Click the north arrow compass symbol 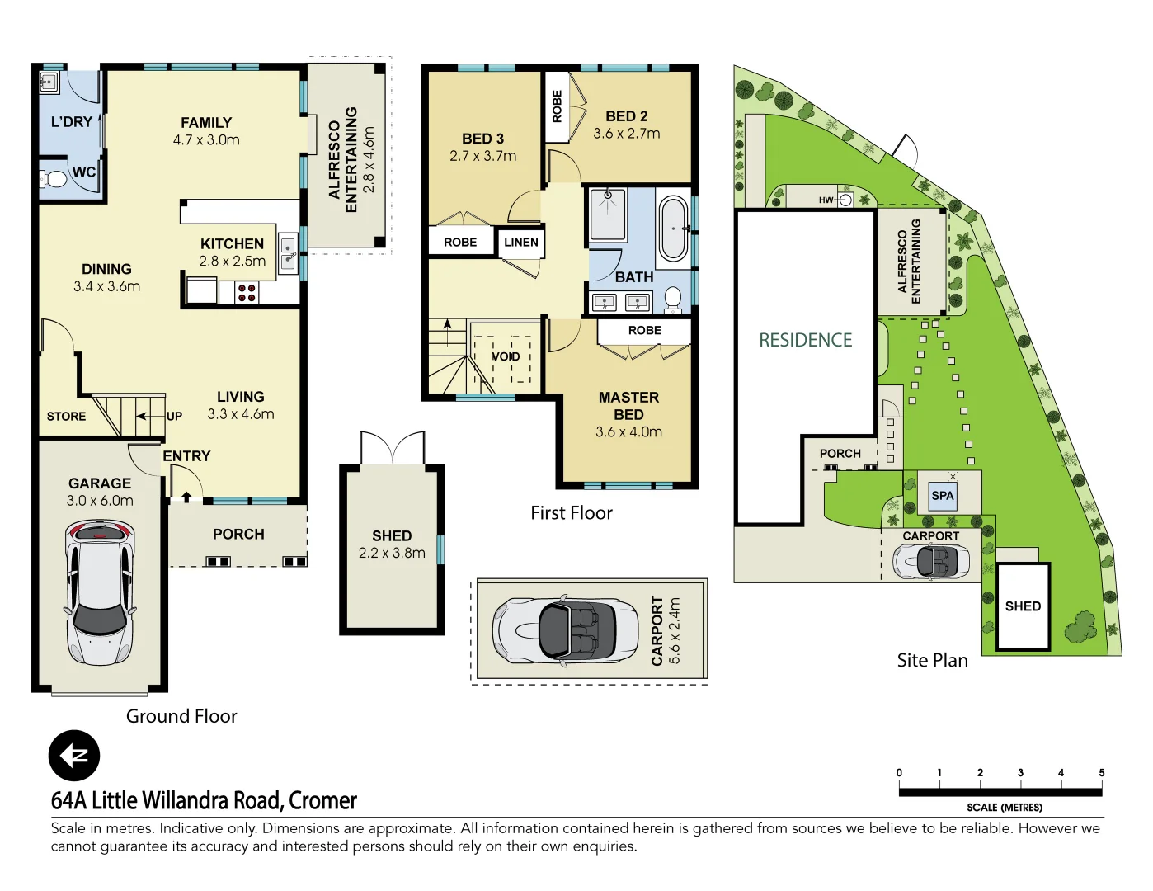click(74, 756)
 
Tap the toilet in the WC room click(54, 178)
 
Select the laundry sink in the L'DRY click(49, 82)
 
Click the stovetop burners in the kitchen click(247, 292)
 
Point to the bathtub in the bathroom click(674, 229)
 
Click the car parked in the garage click(100, 592)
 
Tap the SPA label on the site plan click(943, 496)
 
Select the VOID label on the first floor click(506, 356)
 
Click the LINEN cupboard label click(521, 243)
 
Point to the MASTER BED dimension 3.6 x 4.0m click(628, 432)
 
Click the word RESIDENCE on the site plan click(805, 340)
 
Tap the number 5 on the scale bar click(1101, 773)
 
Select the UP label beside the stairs click(174, 417)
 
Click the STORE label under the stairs click(66, 417)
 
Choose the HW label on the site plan click(826, 200)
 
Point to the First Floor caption click(572, 513)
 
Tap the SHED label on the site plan click(1023, 606)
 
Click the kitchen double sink click(288, 253)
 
